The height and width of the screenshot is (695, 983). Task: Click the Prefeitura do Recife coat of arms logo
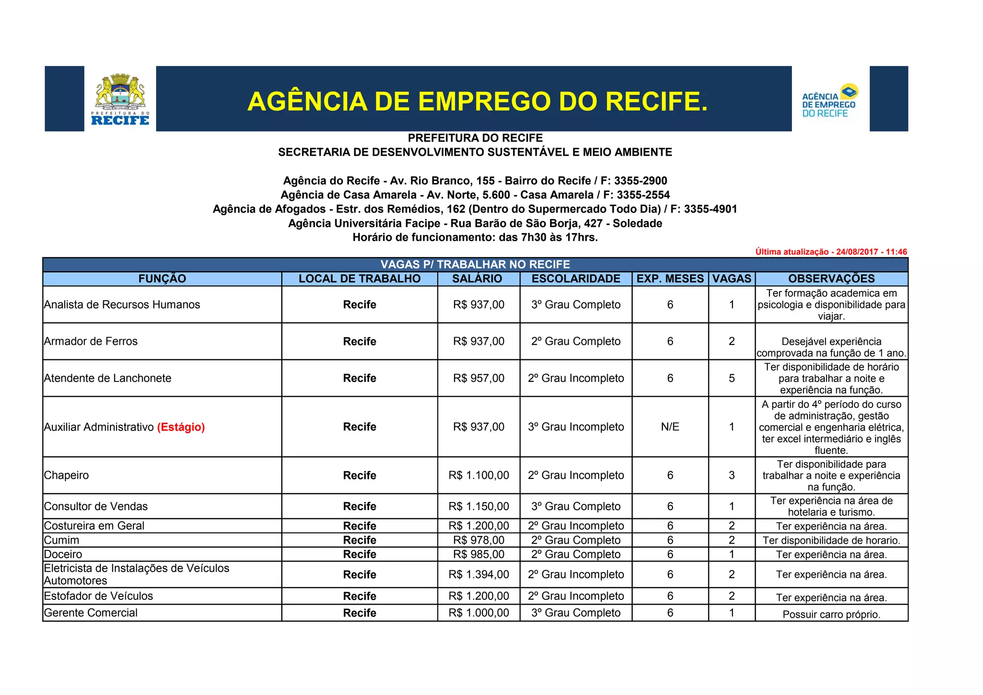(x=120, y=98)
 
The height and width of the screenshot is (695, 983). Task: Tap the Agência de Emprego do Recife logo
(x=830, y=100)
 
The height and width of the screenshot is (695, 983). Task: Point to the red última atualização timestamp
(x=831, y=252)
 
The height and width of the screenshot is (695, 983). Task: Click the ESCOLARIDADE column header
(x=575, y=279)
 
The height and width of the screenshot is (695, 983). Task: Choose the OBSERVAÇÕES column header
(x=831, y=279)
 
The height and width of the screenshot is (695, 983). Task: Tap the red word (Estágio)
(x=181, y=427)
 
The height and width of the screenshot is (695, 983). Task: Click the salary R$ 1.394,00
(x=479, y=574)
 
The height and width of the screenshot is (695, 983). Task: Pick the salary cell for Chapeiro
(x=479, y=476)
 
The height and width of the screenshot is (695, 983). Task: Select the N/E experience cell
(x=670, y=427)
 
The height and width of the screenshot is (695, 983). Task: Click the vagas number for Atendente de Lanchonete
(x=731, y=378)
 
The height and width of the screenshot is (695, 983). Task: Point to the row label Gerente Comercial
(x=91, y=613)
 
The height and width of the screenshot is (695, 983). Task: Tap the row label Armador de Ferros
(x=91, y=341)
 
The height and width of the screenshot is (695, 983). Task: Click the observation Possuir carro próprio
(x=831, y=614)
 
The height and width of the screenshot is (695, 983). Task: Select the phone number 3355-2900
(x=640, y=181)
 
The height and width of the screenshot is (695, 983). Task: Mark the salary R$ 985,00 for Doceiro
(x=479, y=554)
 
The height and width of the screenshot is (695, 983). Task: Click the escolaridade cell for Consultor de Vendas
(x=575, y=506)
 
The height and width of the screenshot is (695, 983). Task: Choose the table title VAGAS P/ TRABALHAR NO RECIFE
(x=475, y=265)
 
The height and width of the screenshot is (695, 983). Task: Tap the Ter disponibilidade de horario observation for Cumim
(x=831, y=540)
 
